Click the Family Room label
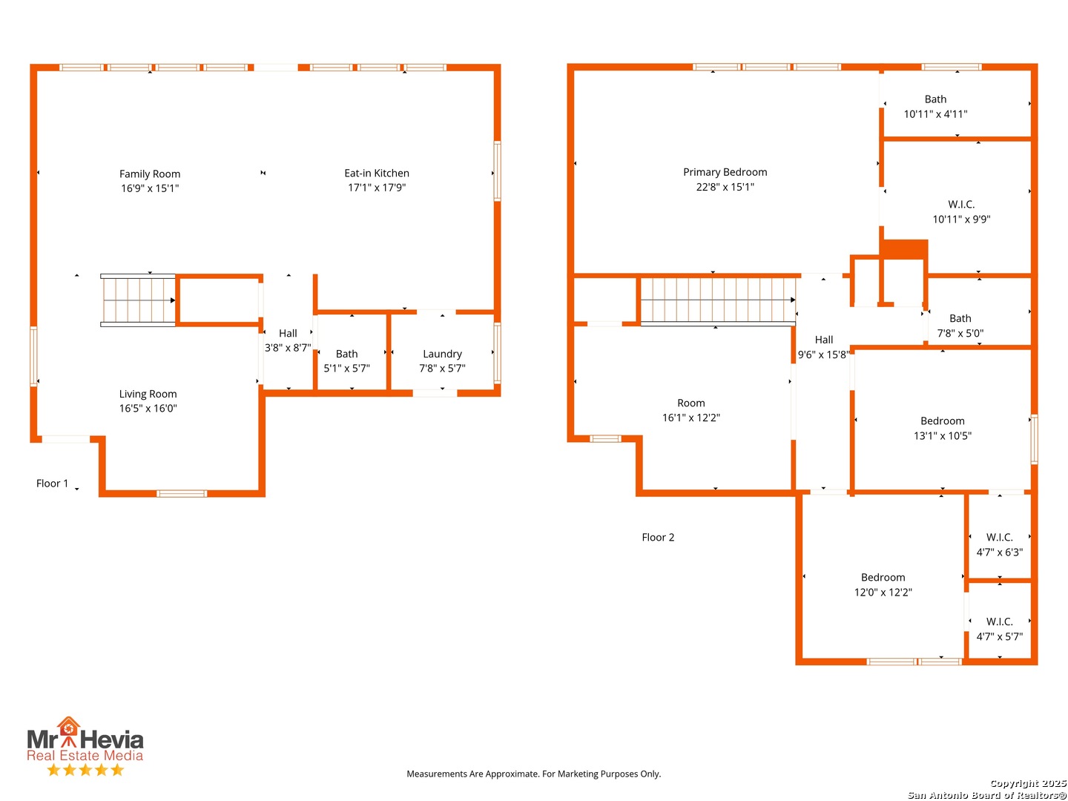pos(150,174)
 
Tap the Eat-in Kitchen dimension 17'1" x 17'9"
pos(377,187)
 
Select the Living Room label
pos(148,394)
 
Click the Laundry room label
pos(442,354)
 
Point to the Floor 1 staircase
pos(138,300)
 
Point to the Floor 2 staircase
pos(718,300)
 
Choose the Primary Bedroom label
pos(725,172)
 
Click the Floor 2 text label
pos(658,538)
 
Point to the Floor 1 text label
pos(52,484)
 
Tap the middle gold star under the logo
pos(85,769)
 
